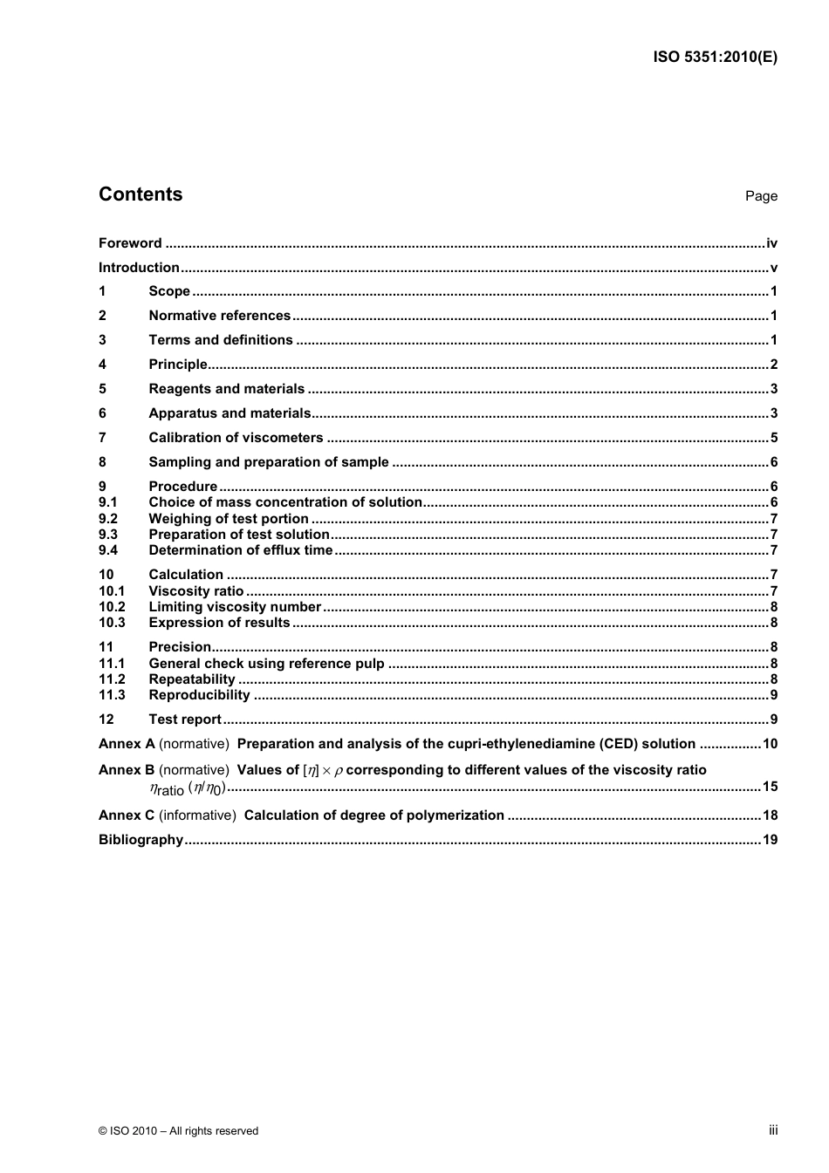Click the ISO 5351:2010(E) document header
coord(715,58)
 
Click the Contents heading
coord(140,194)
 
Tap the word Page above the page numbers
coord(761,196)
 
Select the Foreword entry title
coord(130,243)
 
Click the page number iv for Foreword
coord(771,243)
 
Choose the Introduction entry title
coord(139,268)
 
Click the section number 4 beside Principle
coord(102,365)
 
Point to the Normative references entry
coord(219,316)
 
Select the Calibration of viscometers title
coord(236,438)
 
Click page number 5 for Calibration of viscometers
coord(773,438)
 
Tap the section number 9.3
coord(108,535)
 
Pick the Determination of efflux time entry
coord(240,550)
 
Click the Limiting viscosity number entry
coord(235,607)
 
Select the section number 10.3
coord(112,623)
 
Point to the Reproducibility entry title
coord(199,695)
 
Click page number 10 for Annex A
coord(770,744)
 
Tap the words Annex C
coord(127,815)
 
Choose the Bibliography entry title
coord(140,840)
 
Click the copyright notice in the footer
coord(179,1131)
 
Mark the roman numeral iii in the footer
coord(773,1130)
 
